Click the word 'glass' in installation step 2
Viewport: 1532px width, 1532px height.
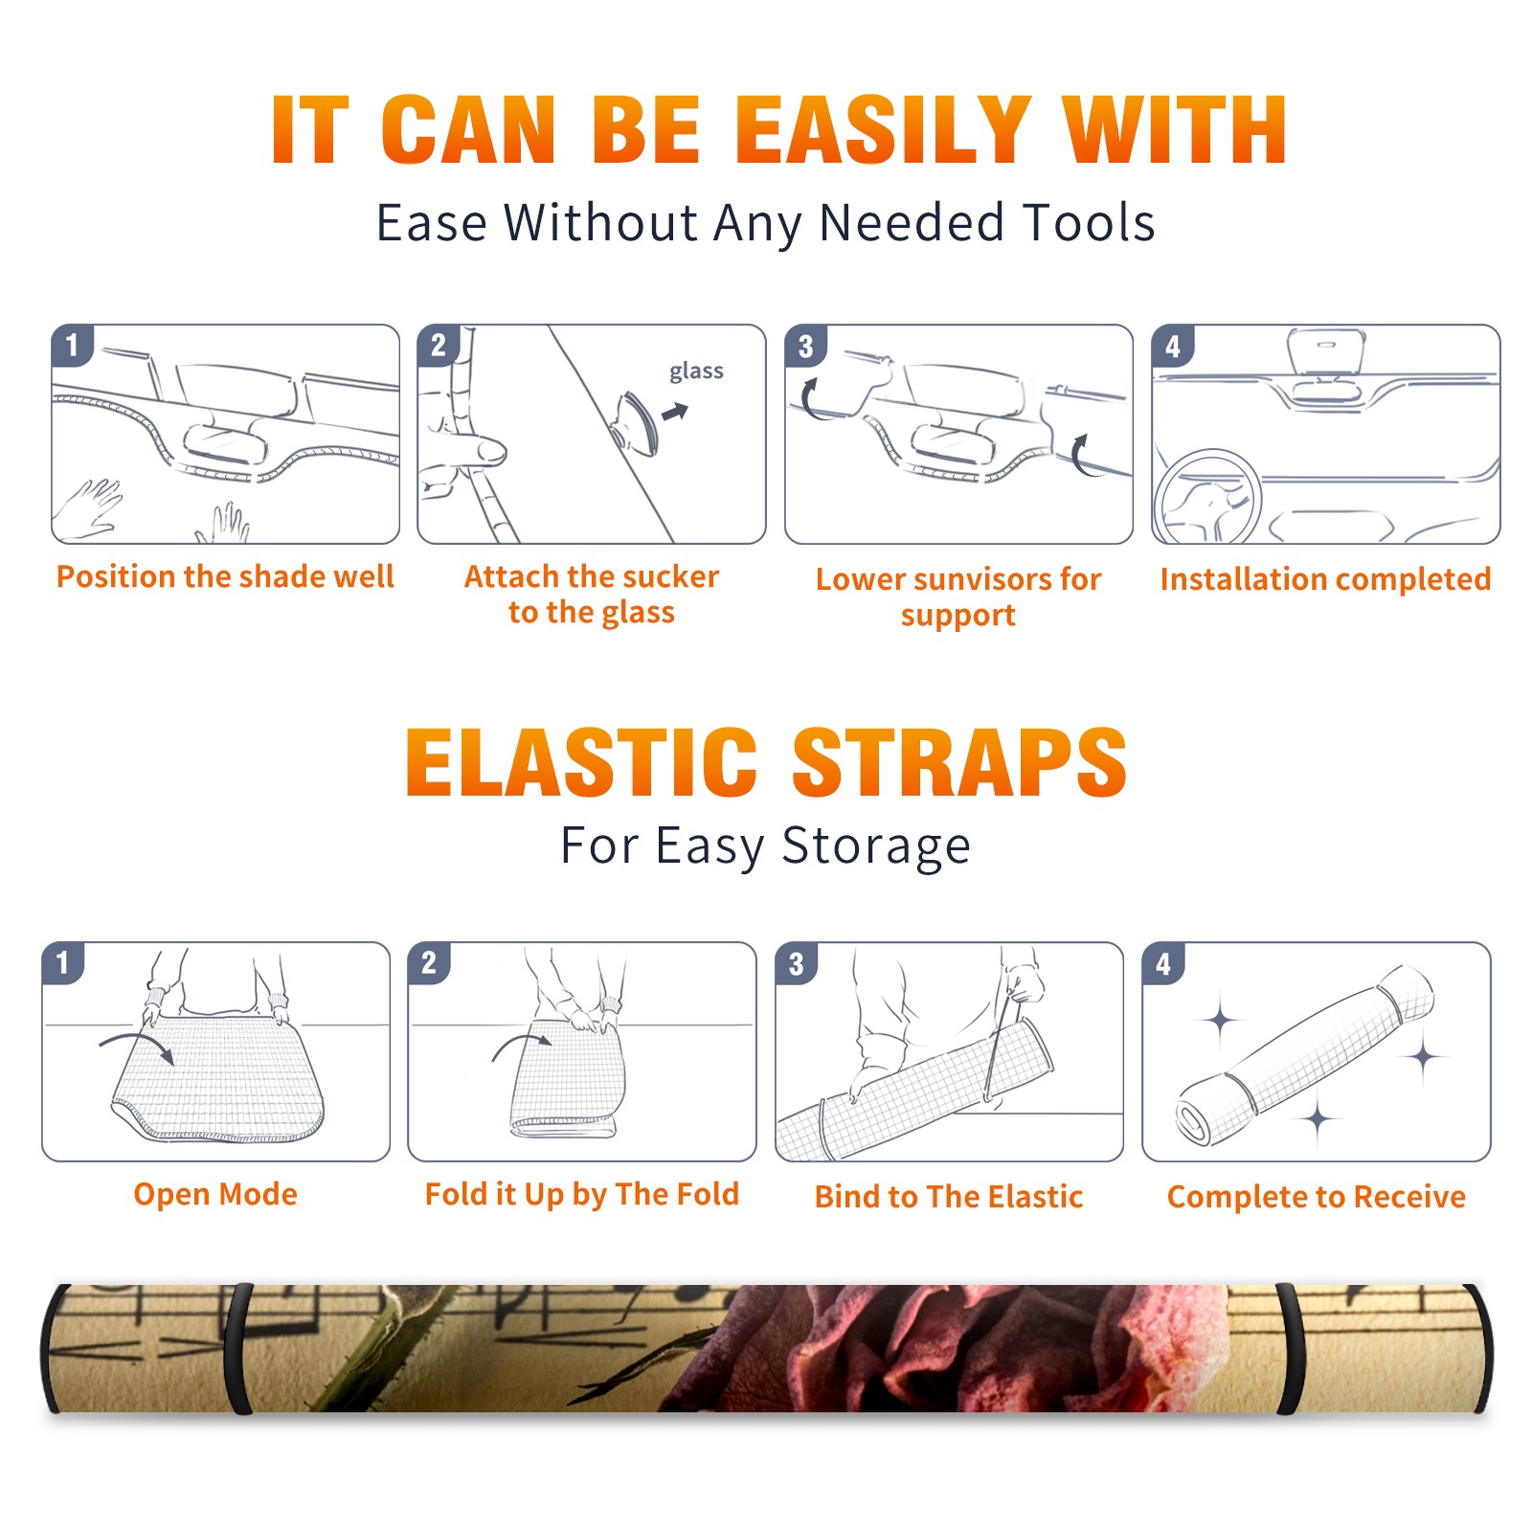696,372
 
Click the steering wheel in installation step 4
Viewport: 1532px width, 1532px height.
1208,497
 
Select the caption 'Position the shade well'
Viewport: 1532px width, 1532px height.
225,576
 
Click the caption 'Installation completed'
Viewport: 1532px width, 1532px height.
1325,578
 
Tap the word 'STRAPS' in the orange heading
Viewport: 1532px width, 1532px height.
959,762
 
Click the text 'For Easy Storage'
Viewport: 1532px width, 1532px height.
766,846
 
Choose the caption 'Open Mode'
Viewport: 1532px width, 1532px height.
215,1194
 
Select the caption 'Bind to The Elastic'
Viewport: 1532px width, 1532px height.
949,1196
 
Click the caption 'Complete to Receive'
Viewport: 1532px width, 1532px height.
1317,1197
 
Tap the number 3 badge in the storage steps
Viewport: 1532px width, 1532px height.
797,964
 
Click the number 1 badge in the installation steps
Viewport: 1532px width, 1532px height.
73,345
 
